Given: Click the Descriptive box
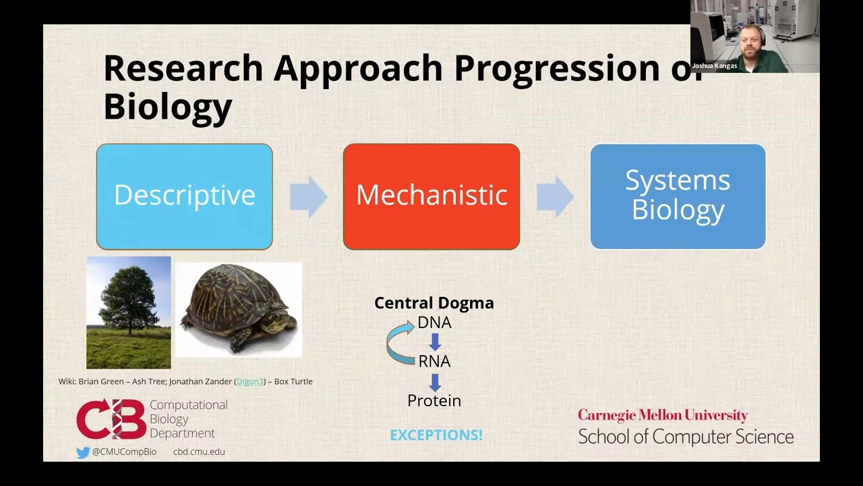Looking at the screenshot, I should tap(184, 196).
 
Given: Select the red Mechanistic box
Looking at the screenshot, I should tap(431, 196).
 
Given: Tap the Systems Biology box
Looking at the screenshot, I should tap(678, 196).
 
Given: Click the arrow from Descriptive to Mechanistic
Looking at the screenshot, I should tap(308, 196).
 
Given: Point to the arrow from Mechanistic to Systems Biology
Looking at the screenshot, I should tap(555, 196).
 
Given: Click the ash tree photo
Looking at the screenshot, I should tap(128, 312).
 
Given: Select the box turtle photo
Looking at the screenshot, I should tap(239, 310).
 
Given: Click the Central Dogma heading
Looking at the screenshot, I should tap(434, 303).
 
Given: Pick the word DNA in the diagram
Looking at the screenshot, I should tap(434, 323).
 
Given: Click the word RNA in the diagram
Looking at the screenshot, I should tap(434, 361).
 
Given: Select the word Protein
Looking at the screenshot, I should tap(434, 400).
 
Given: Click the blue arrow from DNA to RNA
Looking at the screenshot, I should tap(435, 342).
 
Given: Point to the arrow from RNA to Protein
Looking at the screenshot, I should tap(435, 381).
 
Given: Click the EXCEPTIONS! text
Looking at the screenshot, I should tap(436, 435).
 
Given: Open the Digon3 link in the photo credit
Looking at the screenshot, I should tap(249, 381).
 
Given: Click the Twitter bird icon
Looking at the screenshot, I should tap(83, 452).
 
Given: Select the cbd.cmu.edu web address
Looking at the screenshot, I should tap(199, 452).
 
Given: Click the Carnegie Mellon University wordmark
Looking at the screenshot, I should tap(663, 415).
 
